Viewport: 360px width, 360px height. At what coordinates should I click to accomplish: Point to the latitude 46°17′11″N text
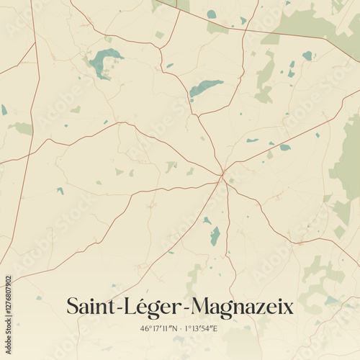point(158,328)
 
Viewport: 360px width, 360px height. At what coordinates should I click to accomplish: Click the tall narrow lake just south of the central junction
point(215,235)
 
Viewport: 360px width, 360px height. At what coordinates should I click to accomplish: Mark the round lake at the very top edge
point(212,14)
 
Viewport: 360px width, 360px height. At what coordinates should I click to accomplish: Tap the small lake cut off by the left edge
point(4,109)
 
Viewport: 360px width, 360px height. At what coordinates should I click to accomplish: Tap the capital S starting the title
point(73,307)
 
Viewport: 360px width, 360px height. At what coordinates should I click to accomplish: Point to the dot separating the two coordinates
point(179,328)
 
